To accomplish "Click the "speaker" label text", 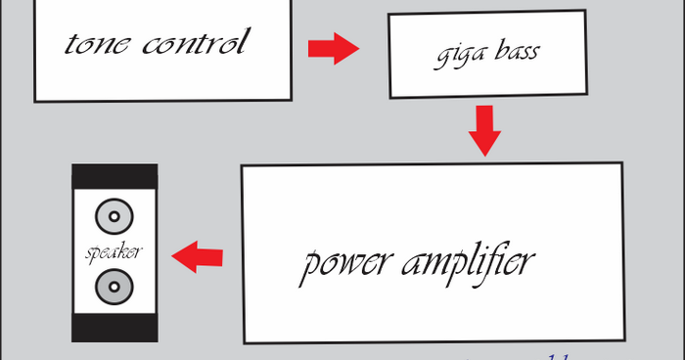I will [114, 252].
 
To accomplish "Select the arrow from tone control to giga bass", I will [334, 48].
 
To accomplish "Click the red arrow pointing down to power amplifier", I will [484, 130].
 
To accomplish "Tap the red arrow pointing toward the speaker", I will [197, 257].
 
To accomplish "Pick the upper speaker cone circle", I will [114, 216].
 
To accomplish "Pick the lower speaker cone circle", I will [114, 288].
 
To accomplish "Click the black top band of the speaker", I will [114, 175].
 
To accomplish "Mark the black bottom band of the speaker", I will [114, 328].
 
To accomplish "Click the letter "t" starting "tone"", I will [71, 45].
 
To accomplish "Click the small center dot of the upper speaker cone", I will [114, 216].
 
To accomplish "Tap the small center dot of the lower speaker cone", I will [114, 288].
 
